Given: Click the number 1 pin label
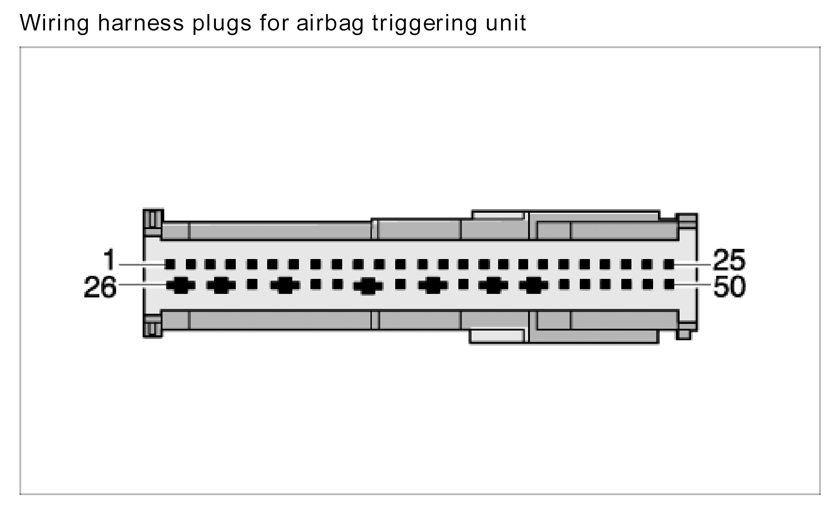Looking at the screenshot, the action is pos(109,259).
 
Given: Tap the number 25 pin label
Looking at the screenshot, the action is pos(729,259).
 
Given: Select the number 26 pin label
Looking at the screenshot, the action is pos(100,287).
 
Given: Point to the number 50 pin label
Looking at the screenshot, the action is pos(729,287).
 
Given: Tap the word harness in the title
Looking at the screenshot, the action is pos(140,23).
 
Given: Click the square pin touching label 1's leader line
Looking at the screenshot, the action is pos(170,264).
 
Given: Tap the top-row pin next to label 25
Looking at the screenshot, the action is pos(669,264).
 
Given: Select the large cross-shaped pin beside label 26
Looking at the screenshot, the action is pos(181,286).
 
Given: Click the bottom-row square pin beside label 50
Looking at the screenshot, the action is pos(669,284).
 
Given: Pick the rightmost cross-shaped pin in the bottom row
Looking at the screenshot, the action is pos(534,286).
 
